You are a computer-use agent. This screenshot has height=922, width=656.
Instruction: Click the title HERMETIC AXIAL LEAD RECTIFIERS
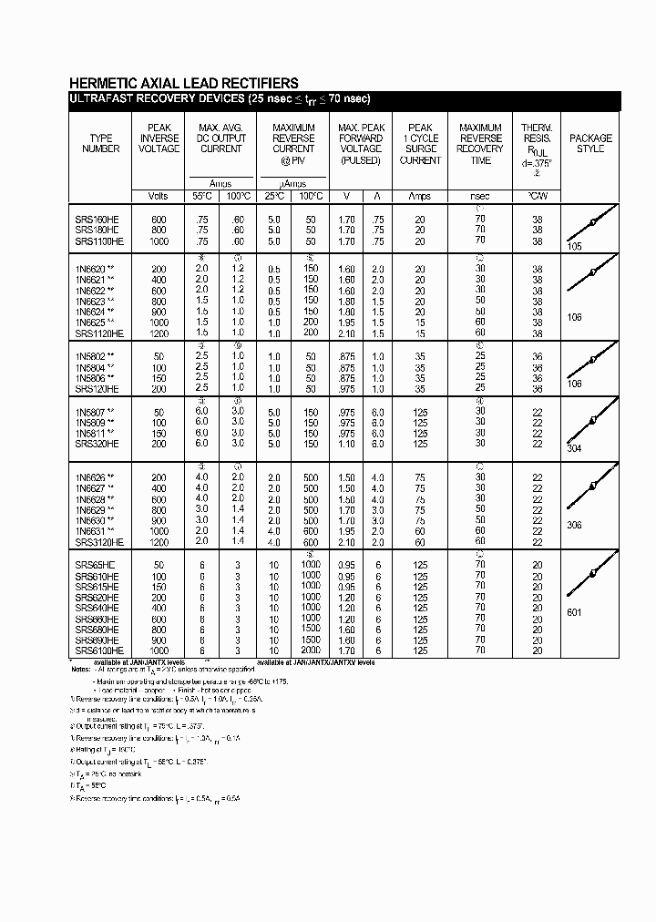pyautogui.click(x=183, y=83)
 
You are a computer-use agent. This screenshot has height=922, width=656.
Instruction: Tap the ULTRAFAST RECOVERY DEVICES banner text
pyautogui.click(x=220, y=99)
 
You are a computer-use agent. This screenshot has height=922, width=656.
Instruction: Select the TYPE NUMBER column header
pyautogui.click(x=101, y=144)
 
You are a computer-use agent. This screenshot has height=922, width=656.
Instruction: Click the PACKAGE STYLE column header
pyautogui.click(x=590, y=144)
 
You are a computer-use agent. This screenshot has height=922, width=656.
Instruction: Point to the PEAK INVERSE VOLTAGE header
pyautogui.click(x=159, y=138)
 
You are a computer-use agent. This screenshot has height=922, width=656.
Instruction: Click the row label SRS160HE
pyautogui.click(x=97, y=220)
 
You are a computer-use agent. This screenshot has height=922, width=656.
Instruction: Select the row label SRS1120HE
pyautogui.click(x=99, y=333)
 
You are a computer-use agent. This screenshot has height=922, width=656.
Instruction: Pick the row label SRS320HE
pyautogui.click(x=97, y=444)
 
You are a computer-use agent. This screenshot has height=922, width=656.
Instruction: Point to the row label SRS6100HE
pyautogui.click(x=99, y=651)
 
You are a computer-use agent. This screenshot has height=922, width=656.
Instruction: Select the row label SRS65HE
pyautogui.click(x=95, y=565)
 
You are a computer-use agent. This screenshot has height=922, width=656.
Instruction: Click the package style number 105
pyautogui.click(x=574, y=247)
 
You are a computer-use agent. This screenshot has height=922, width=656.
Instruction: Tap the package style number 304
pyautogui.click(x=574, y=449)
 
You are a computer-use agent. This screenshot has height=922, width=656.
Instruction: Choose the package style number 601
pyautogui.click(x=574, y=612)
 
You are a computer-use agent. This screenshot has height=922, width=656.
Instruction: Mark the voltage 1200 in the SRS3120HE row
pyautogui.click(x=159, y=542)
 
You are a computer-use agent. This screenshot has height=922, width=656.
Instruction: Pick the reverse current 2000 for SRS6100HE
pyautogui.click(x=311, y=651)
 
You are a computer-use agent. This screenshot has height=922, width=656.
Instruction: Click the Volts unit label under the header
pyautogui.click(x=159, y=197)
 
